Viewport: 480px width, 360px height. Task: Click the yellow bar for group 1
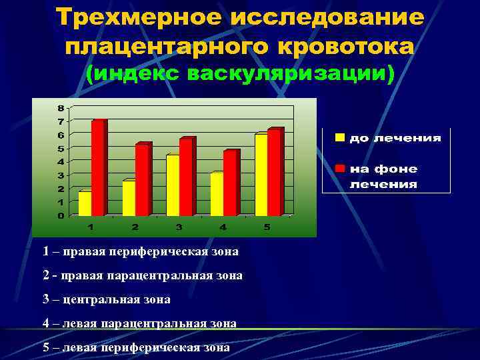[85, 203]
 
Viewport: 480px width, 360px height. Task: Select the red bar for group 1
[98, 168]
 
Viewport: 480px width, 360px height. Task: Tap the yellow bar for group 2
[129, 198]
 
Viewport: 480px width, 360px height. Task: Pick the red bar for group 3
[186, 177]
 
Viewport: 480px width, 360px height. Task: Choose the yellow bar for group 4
[217, 194]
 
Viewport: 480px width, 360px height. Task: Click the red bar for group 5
[274, 173]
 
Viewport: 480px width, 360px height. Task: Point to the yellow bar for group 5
[261, 175]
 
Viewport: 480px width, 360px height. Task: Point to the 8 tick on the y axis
[61, 108]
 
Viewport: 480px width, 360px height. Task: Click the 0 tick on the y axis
[61, 215]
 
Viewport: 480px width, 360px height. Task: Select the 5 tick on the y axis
[61, 148]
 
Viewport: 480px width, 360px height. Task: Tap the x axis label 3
[179, 227]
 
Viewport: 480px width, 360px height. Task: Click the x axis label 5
[267, 227]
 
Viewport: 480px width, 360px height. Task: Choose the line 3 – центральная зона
[106, 299]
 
